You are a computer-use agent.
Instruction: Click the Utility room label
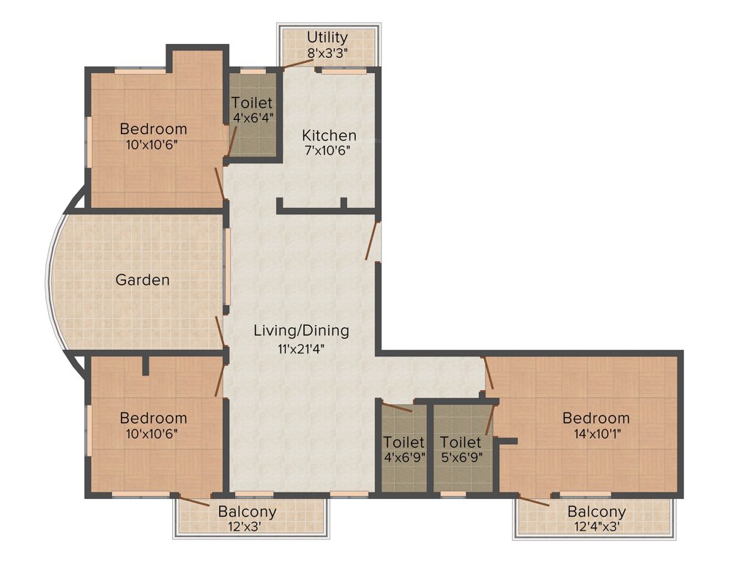point(327,37)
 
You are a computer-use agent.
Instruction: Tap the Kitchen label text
point(329,135)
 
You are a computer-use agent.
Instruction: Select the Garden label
point(143,280)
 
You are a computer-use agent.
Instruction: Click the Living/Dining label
point(301,330)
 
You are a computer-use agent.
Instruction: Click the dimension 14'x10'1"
point(595,432)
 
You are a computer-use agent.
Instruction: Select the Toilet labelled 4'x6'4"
point(252,103)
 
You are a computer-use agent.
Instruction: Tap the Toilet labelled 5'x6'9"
point(461,442)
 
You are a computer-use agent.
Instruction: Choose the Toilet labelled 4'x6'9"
point(404,442)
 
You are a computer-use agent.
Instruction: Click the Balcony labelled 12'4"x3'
point(596,512)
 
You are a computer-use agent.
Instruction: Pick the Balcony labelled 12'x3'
point(247,512)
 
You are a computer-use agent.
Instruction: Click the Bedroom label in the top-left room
point(153,129)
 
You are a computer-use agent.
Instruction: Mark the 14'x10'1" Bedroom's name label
point(595,418)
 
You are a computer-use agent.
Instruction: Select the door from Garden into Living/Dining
point(220,333)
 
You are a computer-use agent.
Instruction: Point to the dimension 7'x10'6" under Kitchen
point(329,151)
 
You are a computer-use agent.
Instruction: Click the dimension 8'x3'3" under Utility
point(327,52)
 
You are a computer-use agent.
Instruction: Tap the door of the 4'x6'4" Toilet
point(231,139)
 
